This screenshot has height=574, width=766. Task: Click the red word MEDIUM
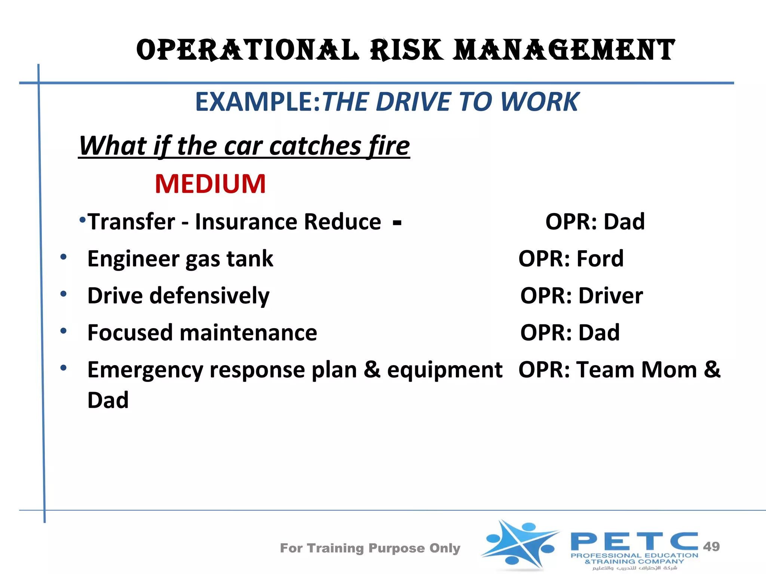[x=210, y=184]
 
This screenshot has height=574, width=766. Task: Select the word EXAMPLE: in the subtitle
[x=258, y=102]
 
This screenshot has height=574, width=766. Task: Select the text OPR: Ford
[x=571, y=259]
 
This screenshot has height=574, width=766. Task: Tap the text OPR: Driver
[x=581, y=296]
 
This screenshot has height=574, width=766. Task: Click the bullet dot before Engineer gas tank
[x=64, y=257]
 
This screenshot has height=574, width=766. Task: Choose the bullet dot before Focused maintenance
[x=64, y=331]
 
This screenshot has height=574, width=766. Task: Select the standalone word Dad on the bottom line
[x=108, y=400]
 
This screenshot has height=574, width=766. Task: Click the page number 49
[x=711, y=546]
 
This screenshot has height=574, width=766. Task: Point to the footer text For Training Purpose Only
[x=370, y=548]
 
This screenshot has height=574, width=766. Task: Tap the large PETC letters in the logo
[x=634, y=541]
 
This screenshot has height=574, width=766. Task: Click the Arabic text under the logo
[x=634, y=568]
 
